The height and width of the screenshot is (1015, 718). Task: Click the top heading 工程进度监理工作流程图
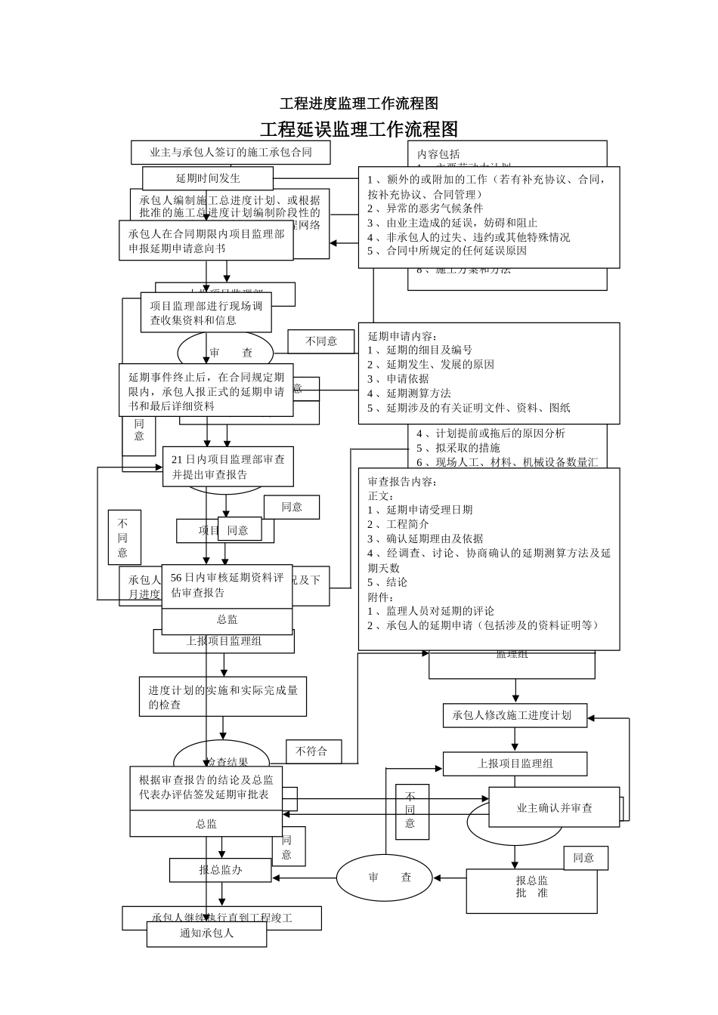pyautogui.click(x=359, y=103)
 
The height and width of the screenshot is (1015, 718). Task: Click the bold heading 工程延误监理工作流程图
pyautogui.click(x=359, y=129)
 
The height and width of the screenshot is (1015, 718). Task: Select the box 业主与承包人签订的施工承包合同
pyautogui.click(x=231, y=152)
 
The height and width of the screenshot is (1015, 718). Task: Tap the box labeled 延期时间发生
pyautogui.click(x=208, y=178)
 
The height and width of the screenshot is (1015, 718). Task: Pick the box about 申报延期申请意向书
pyautogui.click(x=206, y=241)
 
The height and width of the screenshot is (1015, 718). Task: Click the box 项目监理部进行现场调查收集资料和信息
pyautogui.click(x=206, y=313)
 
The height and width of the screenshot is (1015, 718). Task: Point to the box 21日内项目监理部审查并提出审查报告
pyautogui.click(x=227, y=467)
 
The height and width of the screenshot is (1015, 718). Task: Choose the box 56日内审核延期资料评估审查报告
pyautogui.click(x=227, y=585)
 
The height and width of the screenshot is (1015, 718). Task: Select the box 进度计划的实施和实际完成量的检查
pyautogui.click(x=223, y=696)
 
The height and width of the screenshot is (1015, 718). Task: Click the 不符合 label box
pyautogui.click(x=313, y=751)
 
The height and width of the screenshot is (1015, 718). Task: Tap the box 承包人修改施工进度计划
pyautogui.click(x=514, y=715)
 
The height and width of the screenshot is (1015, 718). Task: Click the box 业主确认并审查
pyautogui.click(x=554, y=808)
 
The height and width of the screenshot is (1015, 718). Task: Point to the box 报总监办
pyautogui.click(x=220, y=870)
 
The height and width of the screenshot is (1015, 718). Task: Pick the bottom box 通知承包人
pyautogui.click(x=206, y=933)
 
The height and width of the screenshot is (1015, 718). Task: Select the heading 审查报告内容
pyautogui.click(x=402, y=482)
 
